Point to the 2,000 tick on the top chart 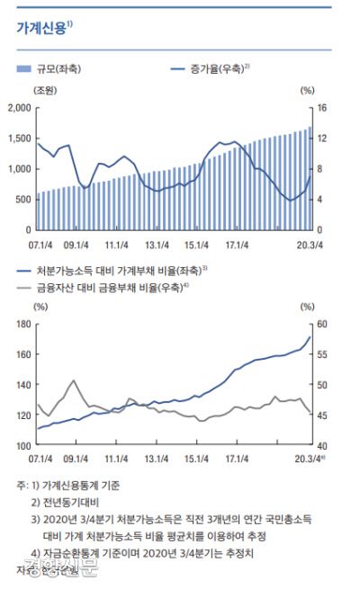coord(18,108)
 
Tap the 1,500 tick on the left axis coord(18,138)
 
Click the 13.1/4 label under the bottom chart coord(157,458)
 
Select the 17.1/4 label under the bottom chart coord(236,458)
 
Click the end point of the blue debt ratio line coord(310,337)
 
